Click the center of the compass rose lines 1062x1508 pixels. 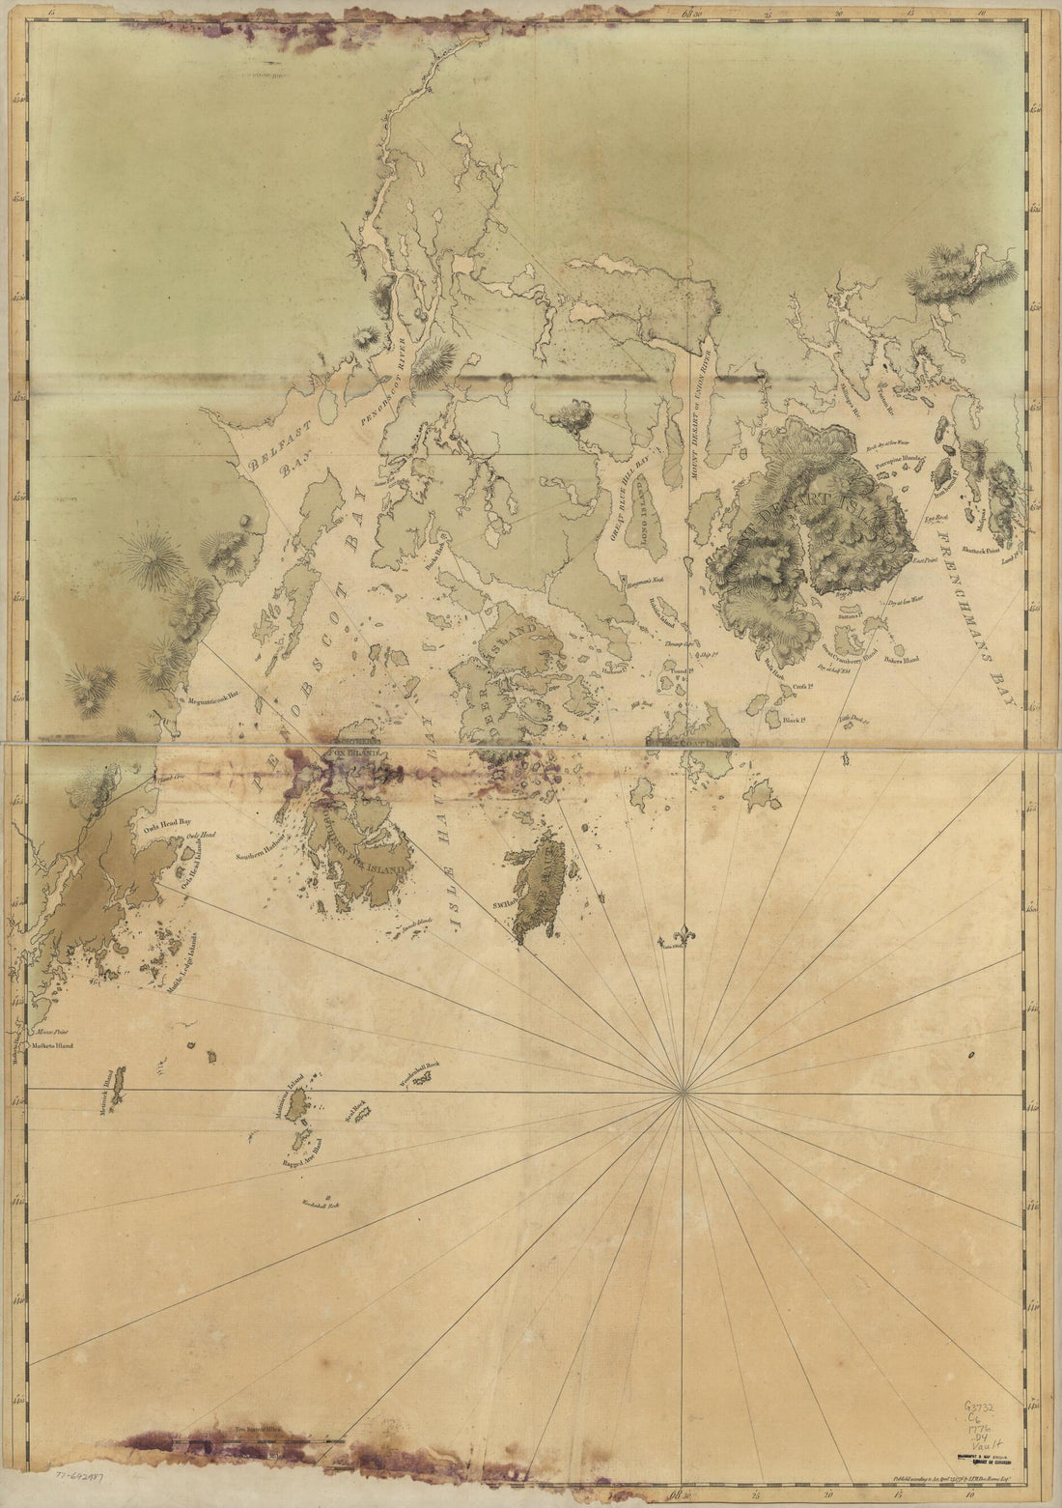coord(683,1092)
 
